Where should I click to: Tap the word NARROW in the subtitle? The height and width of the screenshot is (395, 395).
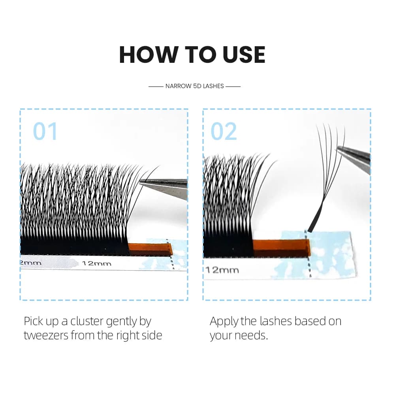[179, 86]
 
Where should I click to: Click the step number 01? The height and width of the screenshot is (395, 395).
[45, 131]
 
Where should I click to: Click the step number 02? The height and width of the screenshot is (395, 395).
[224, 131]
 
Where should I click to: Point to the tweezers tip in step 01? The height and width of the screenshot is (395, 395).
[140, 182]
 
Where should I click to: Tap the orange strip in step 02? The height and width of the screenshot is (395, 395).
[281, 248]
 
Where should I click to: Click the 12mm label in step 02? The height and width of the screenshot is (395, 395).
[222, 270]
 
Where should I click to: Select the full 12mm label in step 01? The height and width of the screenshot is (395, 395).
[96, 263]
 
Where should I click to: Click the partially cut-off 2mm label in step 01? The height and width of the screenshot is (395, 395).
[30, 263]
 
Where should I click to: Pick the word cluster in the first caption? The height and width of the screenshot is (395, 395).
[87, 321]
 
